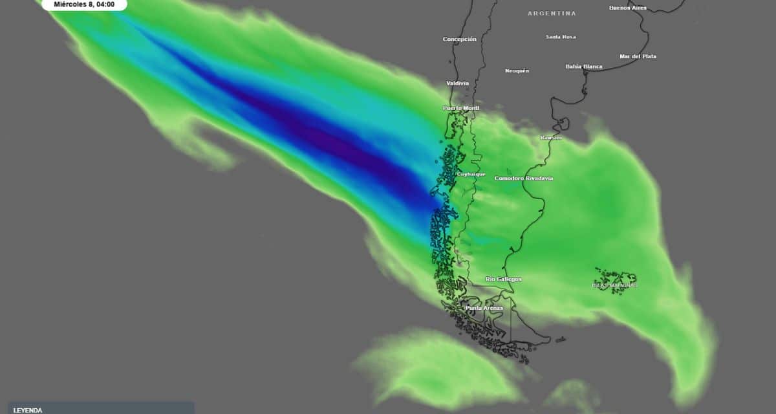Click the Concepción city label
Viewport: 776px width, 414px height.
click(x=459, y=39)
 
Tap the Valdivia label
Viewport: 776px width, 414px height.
click(x=457, y=83)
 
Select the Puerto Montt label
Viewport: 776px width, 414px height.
click(x=461, y=108)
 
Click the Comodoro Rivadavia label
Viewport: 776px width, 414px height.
click(x=523, y=179)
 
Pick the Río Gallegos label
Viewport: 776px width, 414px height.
click(x=503, y=279)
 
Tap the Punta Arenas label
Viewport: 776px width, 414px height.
click(x=484, y=309)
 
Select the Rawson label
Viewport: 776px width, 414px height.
click(x=551, y=138)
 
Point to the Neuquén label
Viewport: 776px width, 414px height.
click(x=517, y=71)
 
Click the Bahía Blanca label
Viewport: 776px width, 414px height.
click(x=583, y=67)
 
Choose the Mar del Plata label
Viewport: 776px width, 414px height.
click(x=638, y=56)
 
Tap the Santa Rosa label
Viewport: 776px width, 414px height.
click(x=560, y=37)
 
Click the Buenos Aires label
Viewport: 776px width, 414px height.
click(x=627, y=8)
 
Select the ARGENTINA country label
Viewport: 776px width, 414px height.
click(x=552, y=14)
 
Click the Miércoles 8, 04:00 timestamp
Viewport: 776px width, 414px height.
click(x=84, y=5)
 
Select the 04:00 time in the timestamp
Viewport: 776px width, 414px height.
click(x=105, y=5)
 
